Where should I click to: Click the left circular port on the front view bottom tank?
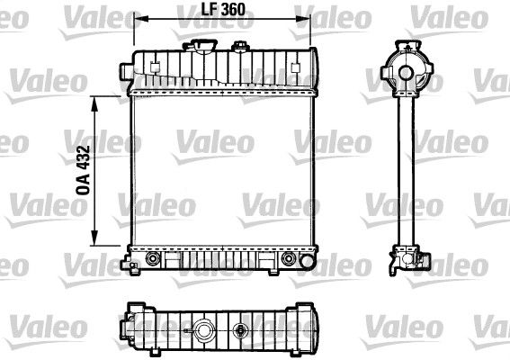[x=150, y=259]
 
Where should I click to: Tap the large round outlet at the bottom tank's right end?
[x=289, y=259]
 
